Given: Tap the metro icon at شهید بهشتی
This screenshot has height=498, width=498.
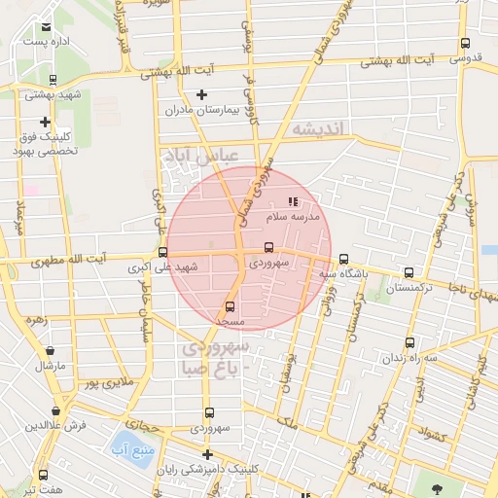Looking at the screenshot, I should tap(53, 81).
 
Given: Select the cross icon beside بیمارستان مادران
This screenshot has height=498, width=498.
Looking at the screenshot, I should tap(201, 94).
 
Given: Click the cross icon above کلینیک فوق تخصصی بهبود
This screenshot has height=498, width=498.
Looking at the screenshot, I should tap(45, 122).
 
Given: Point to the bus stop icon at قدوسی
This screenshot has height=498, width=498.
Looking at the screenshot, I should tap(465, 44).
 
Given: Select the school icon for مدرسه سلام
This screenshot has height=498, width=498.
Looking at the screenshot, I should tap(294, 202).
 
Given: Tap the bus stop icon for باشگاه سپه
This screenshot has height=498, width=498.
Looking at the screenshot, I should tap(343, 259).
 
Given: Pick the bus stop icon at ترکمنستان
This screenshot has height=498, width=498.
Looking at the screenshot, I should tap(409, 273).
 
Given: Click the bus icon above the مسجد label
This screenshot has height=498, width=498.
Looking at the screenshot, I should tap(230, 306).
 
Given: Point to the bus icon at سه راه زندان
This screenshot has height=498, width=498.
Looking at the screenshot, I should tap(409, 342).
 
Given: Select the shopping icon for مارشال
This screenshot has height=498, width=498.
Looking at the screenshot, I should tap(49, 351).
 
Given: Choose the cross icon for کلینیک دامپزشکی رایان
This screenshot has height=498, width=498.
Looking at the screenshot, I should tap(206, 454).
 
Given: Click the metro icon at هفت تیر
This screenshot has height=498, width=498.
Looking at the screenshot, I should tap(43, 475).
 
